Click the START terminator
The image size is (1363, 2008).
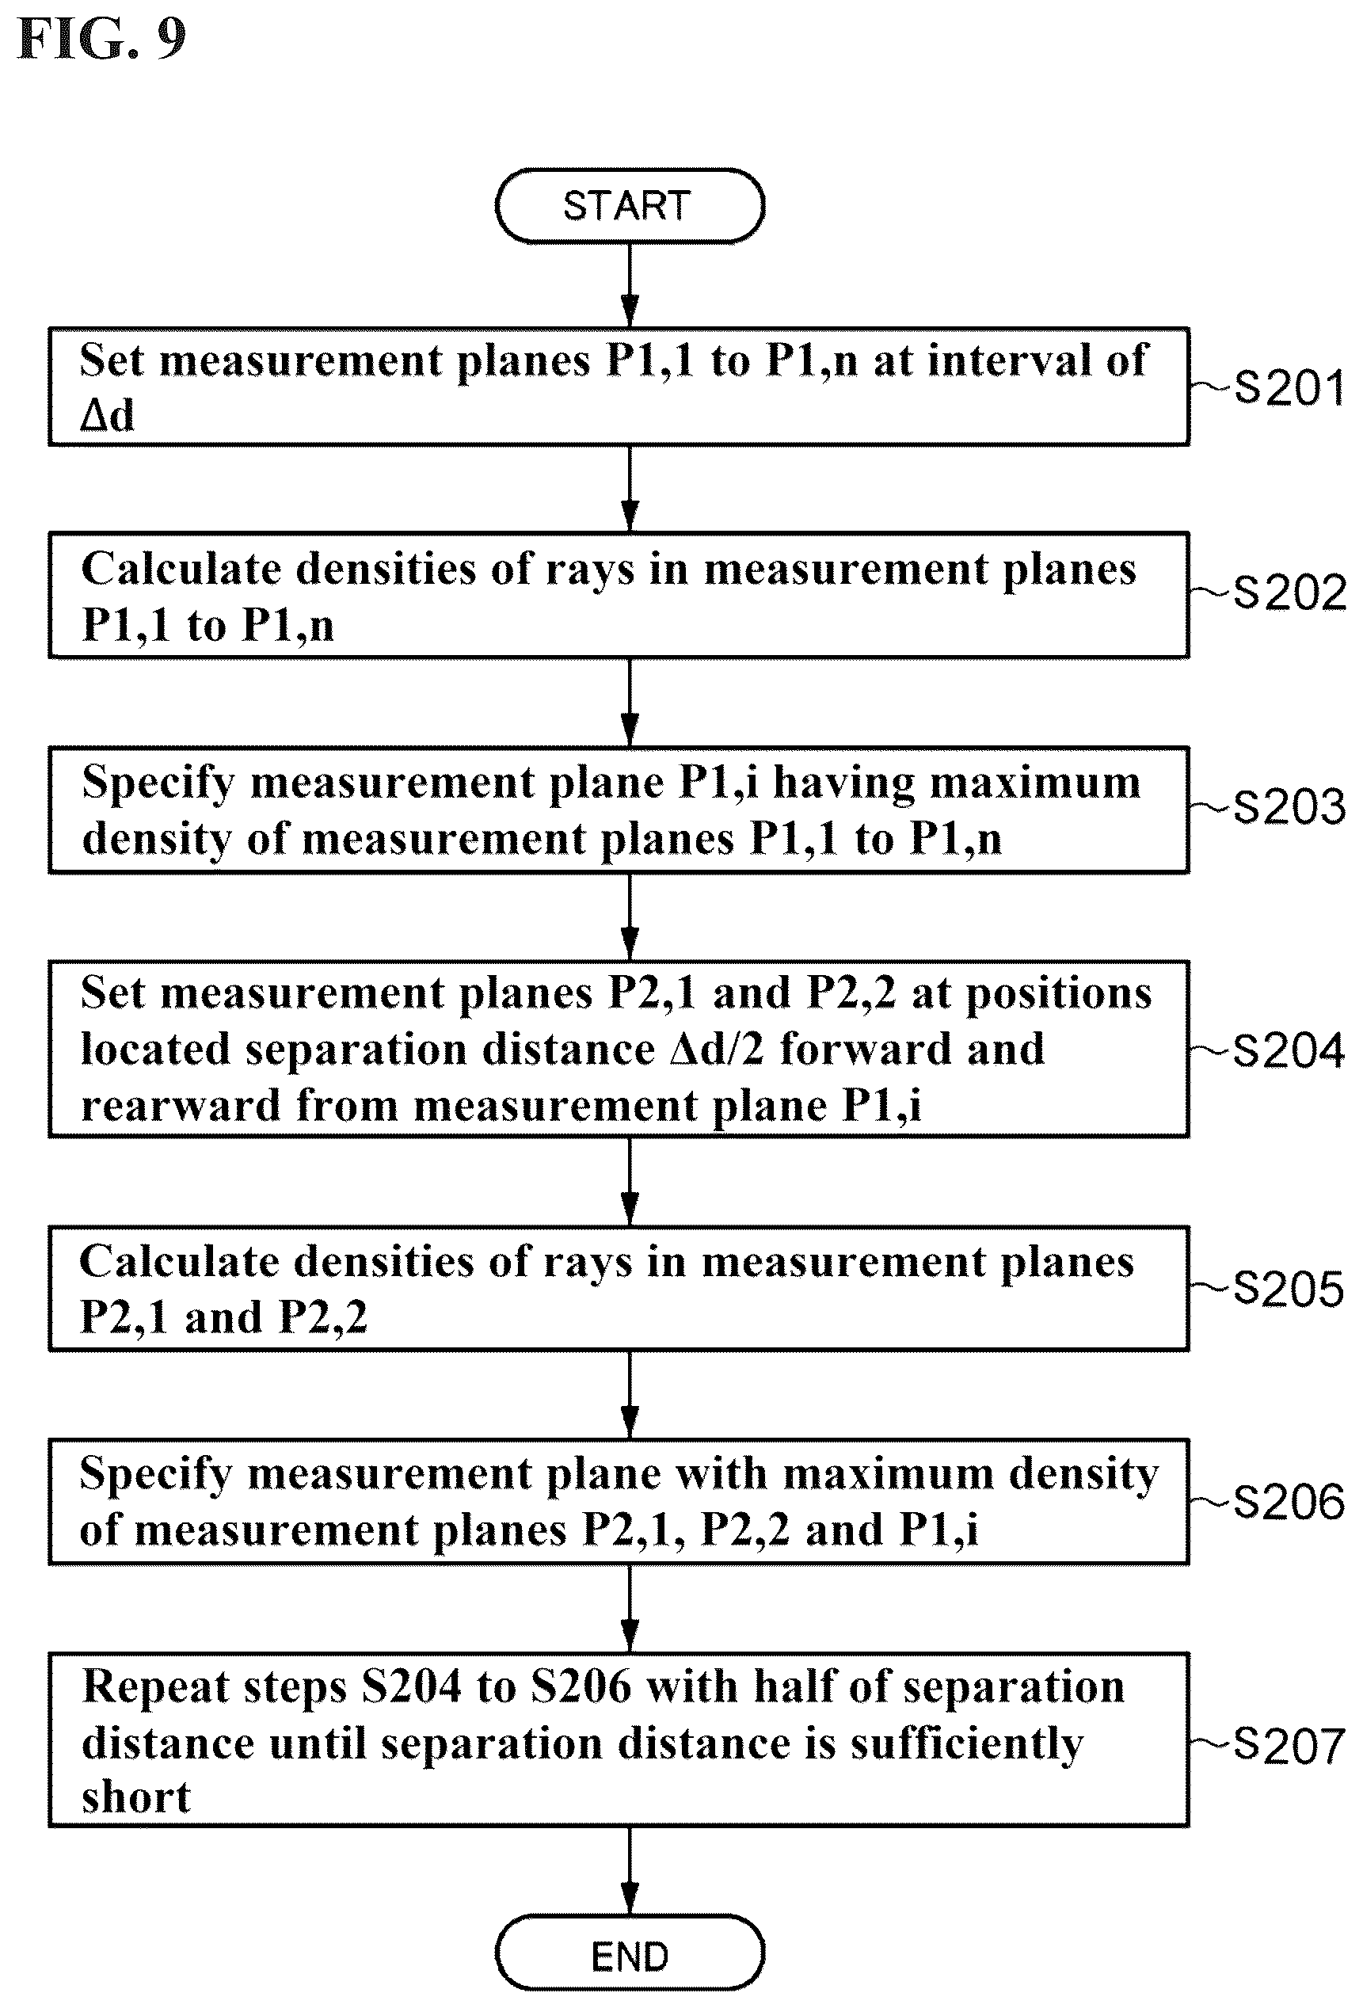(630, 206)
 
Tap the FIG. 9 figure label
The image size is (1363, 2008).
(102, 39)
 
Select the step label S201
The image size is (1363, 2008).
(1289, 387)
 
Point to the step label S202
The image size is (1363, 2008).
(1289, 592)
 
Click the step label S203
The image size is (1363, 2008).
(1289, 807)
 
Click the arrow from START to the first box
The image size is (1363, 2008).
(630, 285)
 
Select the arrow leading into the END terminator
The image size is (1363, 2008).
(630, 1872)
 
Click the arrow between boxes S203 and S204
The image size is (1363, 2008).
(630, 916)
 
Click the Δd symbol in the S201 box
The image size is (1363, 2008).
(107, 415)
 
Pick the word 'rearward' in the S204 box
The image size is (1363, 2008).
(181, 1105)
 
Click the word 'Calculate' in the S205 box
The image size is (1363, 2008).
(177, 1262)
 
